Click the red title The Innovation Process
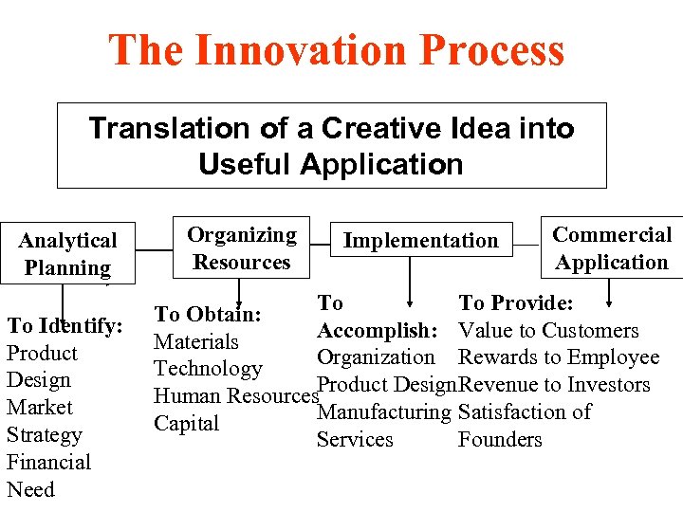(337, 50)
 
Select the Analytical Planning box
(67, 253)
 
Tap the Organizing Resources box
(241, 248)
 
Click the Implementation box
(420, 241)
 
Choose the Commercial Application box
(612, 248)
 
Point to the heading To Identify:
(65, 326)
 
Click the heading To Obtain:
(208, 314)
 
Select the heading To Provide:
(518, 303)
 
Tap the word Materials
(196, 341)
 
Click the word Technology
(208, 369)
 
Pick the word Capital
(187, 424)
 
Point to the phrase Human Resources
(234, 396)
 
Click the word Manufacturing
(383, 412)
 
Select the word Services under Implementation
(355, 440)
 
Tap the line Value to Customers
(548, 331)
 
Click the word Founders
(500, 440)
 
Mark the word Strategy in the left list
(44, 435)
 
